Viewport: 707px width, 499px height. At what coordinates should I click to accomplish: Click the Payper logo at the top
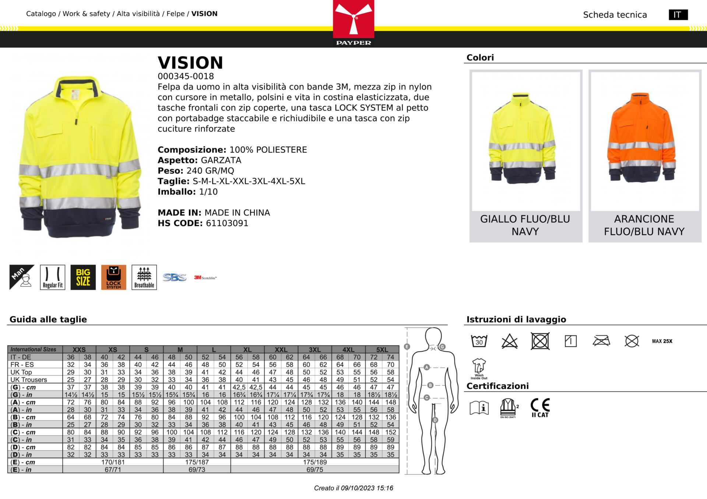353,22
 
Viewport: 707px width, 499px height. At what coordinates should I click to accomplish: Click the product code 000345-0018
186,76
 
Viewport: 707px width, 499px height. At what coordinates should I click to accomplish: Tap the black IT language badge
678,15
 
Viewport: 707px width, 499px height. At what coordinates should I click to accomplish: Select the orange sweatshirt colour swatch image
644,140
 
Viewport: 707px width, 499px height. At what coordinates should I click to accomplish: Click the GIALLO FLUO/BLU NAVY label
525,225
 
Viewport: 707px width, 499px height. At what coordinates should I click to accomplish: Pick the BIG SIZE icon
83,277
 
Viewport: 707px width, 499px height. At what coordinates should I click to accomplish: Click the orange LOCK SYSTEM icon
113,277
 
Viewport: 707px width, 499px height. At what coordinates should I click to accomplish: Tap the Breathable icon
144,277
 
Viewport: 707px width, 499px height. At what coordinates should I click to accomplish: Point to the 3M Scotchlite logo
205,278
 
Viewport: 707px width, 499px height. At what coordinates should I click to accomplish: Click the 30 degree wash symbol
479,341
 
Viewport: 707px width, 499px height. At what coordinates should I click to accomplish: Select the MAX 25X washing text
662,341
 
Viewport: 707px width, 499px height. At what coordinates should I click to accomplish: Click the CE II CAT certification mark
540,407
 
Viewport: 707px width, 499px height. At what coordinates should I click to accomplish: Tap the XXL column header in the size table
281,349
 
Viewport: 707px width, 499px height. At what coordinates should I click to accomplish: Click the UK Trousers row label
29,380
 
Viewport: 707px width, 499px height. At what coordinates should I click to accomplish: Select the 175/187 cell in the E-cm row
197,462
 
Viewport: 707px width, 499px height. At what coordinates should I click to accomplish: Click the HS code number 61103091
227,223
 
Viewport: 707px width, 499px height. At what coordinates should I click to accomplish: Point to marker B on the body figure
430,385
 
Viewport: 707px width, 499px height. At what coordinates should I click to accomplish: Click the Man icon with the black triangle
22,277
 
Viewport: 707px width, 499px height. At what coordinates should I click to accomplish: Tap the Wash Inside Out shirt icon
479,368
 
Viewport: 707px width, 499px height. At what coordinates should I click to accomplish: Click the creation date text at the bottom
353,488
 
